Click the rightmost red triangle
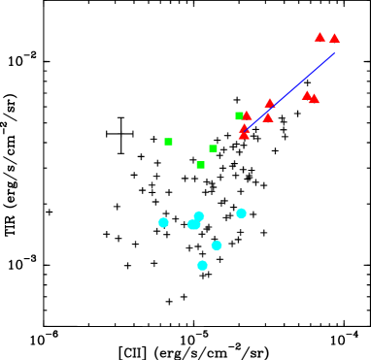point(334,38)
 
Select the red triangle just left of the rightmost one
point(320,37)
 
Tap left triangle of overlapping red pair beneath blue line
point(307,95)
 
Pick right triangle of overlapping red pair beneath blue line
point(314,98)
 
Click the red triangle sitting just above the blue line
point(270,103)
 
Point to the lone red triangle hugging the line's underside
point(268,117)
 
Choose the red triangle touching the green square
point(247,115)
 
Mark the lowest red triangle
point(244,134)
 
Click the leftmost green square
point(168,142)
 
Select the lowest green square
point(200,165)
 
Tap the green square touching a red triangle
point(239,115)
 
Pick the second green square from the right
point(213,148)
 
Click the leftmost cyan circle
point(163,222)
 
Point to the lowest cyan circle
point(202,265)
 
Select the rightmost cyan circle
point(241,213)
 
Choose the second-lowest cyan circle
point(217,245)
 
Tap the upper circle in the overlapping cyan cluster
point(199,216)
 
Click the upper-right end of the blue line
point(334,53)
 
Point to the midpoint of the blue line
point(289,92)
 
